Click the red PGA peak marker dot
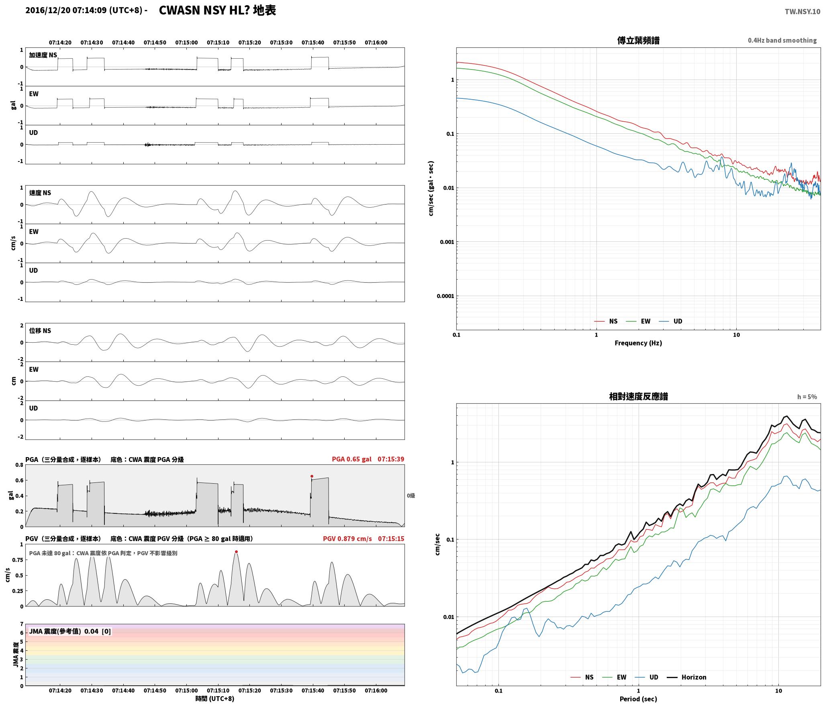pyautogui.click(x=312, y=476)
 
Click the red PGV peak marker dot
pyautogui.click(x=236, y=552)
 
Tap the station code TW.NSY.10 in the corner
pyautogui.click(x=803, y=11)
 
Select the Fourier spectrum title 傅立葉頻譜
pyautogui.click(x=638, y=40)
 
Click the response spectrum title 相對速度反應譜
pyautogui.click(x=638, y=396)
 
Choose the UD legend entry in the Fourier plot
pyautogui.click(x=670, y=321)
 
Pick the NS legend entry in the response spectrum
pyautogui.click(x=582, y=677)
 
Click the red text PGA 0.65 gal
pyautogui.click(x=351, y=459)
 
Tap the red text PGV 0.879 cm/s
pyautogui.click(x=347, y=538)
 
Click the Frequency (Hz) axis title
pyautogui.click(x=638, y=343)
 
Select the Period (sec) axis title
pyautogui.click(x=638, y=699)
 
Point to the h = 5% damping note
pyautogui.click(x=807, y=397)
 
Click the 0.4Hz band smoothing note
pyautogui.click(x=782, y=41)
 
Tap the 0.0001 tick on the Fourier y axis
pyautogui.click(x=445, y=296)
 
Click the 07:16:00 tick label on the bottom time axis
pyautogui.click(x=376, y=691)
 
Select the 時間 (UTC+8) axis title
pyautogui.click(x=215, y=699)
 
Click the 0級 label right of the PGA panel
pyautogui.click(x=411, y=496)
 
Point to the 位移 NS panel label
pyautogui.click(x=40, y=331)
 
